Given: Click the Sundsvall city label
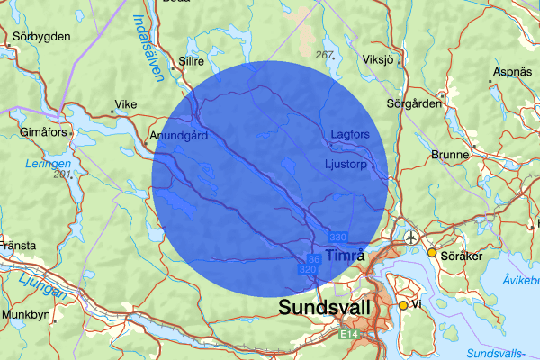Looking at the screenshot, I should click(325, 308).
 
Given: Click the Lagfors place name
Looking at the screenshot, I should click(350, 134).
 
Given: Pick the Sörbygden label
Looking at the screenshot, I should click(41, 38).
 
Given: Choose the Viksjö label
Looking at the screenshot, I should click(379, 61).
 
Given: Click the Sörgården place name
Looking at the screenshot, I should click(413, 103).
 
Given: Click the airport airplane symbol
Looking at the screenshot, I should click(411, 238).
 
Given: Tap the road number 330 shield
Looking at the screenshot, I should click(337, 237).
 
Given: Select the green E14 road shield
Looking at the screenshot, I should click(350, 335).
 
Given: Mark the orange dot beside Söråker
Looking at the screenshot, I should click(431, 253).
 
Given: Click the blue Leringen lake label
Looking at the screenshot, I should click(49, 164).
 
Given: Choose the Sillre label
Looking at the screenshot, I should click(193, 61).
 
